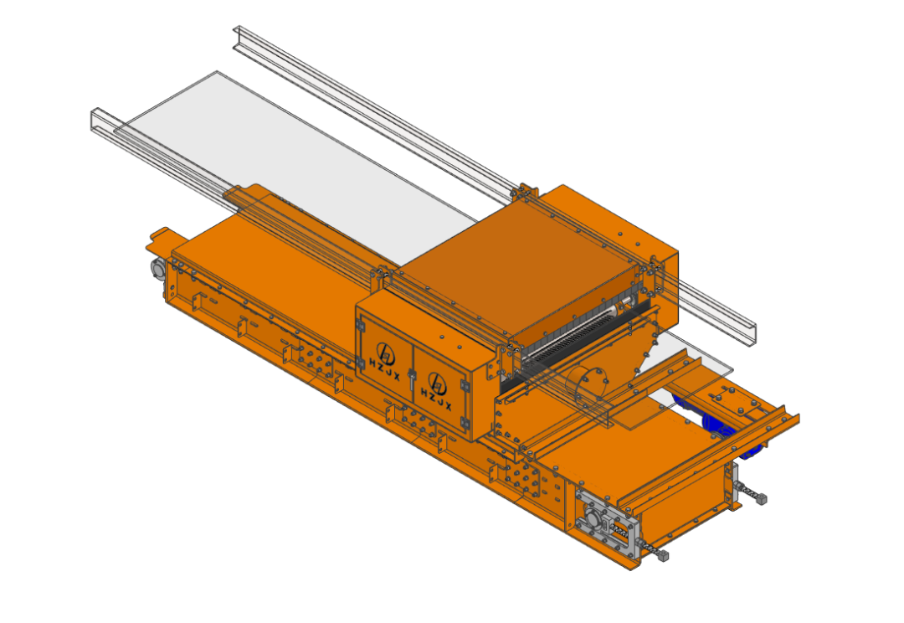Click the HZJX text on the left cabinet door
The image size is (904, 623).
pos(384,368)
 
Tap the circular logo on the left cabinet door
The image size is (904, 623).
pos(386,352)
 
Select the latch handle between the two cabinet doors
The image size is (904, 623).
pos(412,380)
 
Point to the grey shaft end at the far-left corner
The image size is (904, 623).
pos(157,268)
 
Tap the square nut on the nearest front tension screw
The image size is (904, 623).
pos(664,556)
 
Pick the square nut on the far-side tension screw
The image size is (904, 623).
pos(761,499)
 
